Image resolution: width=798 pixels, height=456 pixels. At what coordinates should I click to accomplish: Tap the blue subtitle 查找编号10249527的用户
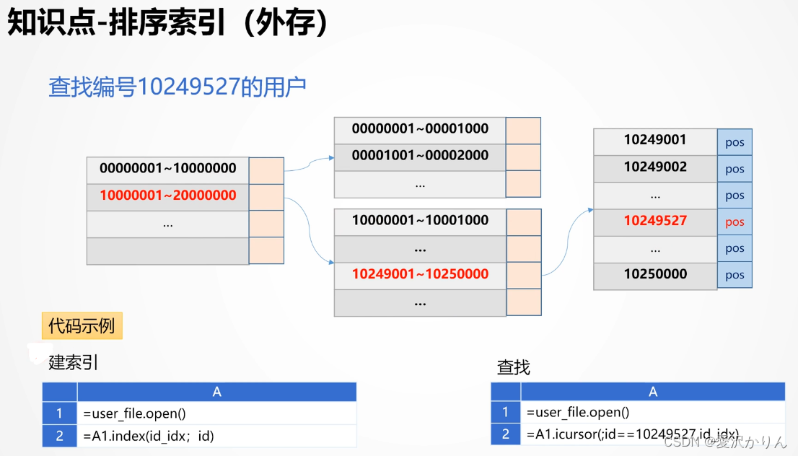click(177, 87)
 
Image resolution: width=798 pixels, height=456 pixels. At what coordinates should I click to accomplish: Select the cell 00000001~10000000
click(167, 169)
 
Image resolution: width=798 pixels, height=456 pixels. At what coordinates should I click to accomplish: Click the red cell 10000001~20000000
click(167, 196)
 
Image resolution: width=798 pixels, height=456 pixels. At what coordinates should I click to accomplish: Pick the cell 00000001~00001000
click(420, 129)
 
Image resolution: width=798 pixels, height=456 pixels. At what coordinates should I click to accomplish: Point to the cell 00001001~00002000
click(420, 155)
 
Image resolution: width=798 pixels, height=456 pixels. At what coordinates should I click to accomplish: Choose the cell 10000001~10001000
click(420, 220)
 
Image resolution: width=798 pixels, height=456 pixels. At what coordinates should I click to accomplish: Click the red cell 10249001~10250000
click(420, 274)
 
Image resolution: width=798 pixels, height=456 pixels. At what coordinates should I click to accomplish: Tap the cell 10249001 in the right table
click(655, 140)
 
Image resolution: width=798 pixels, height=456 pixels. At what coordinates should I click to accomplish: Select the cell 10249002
click(655, 167)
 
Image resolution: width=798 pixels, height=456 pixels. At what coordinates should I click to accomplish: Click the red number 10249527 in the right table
click(655, 221)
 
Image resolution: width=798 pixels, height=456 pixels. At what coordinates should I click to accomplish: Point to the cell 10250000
click(655, 274)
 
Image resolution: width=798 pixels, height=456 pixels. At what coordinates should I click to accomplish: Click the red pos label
click(735, 222)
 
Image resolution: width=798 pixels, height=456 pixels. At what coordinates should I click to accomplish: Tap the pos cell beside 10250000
click(735, 276)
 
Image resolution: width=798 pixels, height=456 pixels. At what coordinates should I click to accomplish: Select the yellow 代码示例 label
click(82, 326)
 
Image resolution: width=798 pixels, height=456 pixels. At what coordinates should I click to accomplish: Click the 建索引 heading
click(74, 362)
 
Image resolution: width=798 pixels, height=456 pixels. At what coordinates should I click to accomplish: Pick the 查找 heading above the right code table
click(514, 367)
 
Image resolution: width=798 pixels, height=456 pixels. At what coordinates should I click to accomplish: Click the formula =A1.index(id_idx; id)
click(149, 436)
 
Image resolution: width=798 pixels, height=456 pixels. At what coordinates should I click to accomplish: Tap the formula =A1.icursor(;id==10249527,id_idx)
click(632, 434)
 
